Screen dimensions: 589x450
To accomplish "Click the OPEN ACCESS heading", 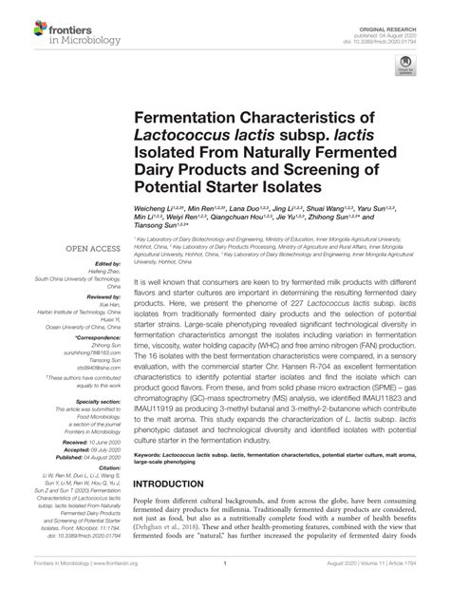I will pyautogui.click(x=89, y=249).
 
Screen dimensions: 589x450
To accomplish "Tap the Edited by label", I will pyautogui.click(x=107, y=264).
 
